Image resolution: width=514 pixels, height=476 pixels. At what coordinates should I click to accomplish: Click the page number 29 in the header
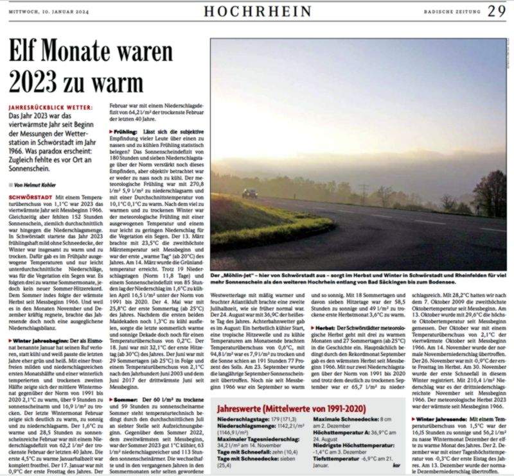tap(497, 10)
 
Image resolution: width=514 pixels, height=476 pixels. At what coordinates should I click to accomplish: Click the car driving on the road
tap(249, 192)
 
